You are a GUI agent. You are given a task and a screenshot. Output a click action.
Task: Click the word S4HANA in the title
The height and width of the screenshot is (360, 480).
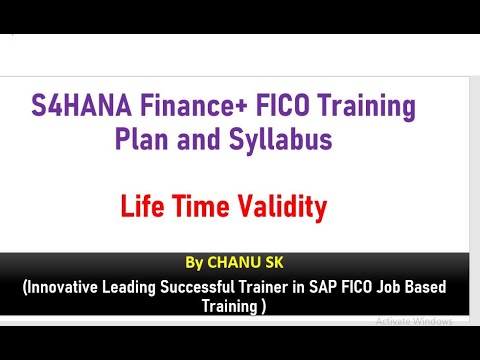click(x=81, y=105)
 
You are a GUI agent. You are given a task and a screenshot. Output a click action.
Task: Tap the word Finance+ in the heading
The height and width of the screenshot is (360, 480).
click(x=194, y=105)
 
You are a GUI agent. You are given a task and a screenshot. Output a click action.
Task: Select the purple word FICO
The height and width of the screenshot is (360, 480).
click(x=283, y=105)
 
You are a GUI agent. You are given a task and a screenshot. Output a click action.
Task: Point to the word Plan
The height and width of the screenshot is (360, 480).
click(x=142, y=138)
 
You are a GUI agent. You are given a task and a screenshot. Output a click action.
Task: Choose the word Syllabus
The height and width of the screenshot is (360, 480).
click(x=281, y=140)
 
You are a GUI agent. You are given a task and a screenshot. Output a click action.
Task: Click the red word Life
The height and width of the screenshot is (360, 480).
click(x=142, y=206)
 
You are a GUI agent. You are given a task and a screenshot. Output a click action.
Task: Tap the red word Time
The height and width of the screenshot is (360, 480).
click(x=201, y=206)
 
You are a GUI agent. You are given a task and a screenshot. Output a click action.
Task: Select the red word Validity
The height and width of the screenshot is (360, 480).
click(x=282, y=208)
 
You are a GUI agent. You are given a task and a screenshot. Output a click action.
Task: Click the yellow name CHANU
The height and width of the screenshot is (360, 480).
click(x=234, y=263)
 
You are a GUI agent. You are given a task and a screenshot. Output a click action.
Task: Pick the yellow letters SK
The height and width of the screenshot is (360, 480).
click(x=274, y=263)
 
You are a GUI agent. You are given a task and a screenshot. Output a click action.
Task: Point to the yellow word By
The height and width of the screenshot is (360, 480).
click(x=194, y=263)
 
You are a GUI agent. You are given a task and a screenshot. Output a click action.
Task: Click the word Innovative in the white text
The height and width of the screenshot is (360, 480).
click(x=61, y=287)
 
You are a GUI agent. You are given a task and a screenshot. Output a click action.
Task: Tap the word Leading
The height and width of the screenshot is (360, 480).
click(x=129, y=288)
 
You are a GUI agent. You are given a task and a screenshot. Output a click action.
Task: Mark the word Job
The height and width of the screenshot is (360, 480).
click(x=388, y=287)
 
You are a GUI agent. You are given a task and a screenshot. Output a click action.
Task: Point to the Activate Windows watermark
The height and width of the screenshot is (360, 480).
click(x=414, y=321)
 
